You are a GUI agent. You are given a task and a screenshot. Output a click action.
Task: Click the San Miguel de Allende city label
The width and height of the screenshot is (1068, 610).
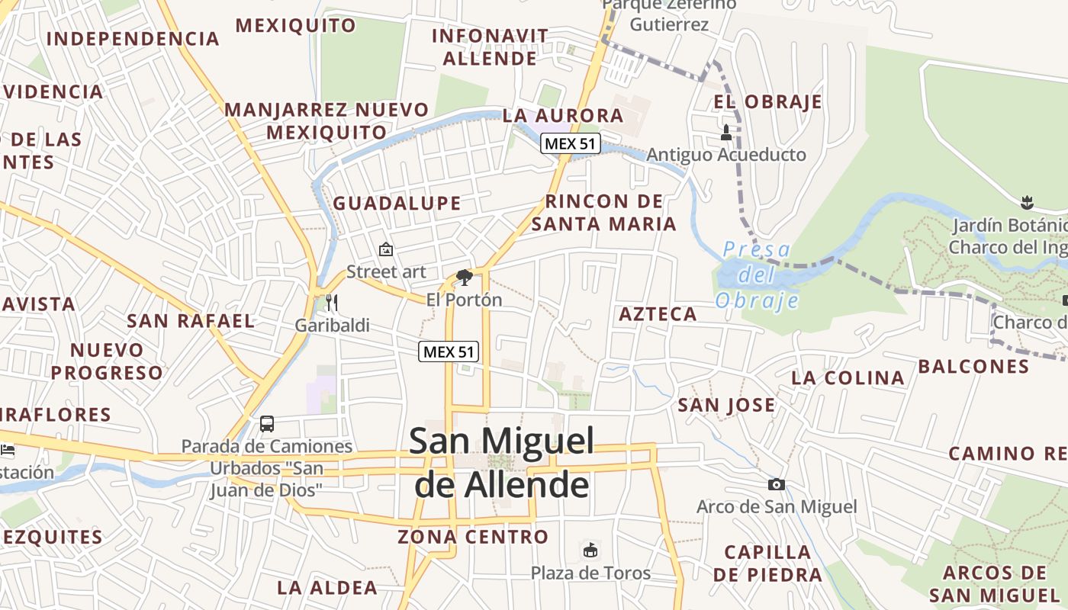pos(502,463)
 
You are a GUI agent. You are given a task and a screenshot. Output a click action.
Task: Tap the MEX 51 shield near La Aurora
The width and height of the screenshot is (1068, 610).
pos(571,143)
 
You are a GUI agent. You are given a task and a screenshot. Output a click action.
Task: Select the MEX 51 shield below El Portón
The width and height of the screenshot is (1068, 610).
pos(449,352)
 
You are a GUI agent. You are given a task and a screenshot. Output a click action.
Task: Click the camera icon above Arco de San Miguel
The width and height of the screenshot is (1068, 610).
pos(777,484)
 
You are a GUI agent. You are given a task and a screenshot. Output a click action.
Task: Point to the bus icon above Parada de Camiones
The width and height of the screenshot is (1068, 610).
pos(267,424)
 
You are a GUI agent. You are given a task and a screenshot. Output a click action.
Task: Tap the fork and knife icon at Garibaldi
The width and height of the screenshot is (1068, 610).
pos(332,303)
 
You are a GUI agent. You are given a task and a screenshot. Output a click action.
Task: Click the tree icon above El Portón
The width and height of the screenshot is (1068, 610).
pos(464,277)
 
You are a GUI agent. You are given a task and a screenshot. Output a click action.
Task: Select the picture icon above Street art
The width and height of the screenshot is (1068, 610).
pos(386,249)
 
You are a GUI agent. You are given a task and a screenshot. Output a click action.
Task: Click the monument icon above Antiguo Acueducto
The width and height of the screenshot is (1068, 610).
pos(726,133)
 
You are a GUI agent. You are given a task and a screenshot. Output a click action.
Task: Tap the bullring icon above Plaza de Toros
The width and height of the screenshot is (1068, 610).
pos(590,550)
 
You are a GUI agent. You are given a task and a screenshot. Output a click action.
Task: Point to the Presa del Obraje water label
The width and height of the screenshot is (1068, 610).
pos(757,274)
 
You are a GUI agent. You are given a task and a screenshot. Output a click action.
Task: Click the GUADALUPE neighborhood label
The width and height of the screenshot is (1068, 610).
pos(397,204)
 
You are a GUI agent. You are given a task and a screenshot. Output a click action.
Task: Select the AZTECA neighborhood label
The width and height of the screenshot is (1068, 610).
pos(658,314)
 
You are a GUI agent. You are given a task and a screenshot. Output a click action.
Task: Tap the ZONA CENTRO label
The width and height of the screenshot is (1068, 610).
pos(473,537)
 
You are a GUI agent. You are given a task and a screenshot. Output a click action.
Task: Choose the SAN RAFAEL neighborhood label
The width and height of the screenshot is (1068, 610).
pos(191,321)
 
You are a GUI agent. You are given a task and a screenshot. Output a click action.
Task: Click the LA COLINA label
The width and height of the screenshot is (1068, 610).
pos(848,377)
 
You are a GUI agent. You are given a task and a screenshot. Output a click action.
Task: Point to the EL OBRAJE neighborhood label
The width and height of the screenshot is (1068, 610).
pos(768,102)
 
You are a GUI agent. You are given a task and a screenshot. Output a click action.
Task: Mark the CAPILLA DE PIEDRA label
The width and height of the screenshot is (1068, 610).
pos(767,563)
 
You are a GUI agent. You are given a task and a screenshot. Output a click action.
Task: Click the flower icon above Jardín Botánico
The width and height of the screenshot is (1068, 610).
pos(1026,203)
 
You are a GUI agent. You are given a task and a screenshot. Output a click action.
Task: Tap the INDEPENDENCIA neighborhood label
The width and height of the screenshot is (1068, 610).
pos(133,39)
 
